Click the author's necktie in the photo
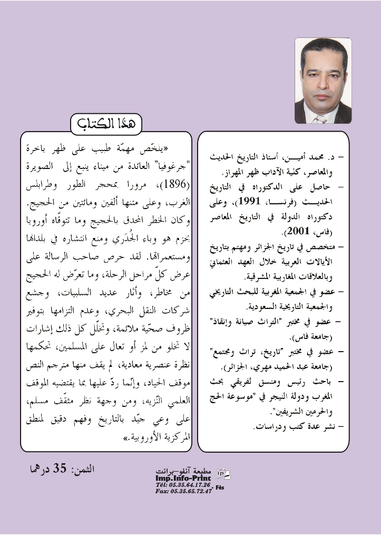[x=320, y=119]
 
